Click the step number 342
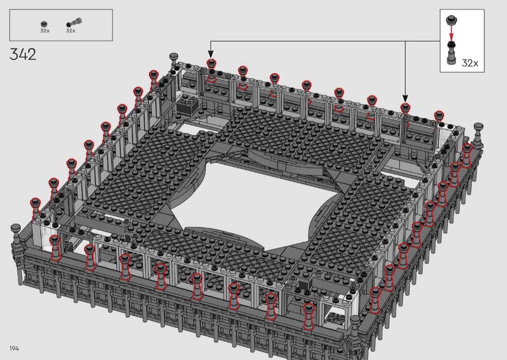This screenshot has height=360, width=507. [23, 55]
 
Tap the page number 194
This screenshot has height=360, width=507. [14, 348]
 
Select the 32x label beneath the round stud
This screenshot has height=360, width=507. [44, 31]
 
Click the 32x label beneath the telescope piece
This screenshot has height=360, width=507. [70, 31]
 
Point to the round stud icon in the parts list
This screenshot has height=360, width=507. [44, 24]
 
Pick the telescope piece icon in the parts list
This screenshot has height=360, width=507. [74, 23]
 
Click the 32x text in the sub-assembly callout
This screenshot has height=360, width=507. [470, 63]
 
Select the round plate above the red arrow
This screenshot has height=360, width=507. [451, 20]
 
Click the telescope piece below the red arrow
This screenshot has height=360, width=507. [451, 53]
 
